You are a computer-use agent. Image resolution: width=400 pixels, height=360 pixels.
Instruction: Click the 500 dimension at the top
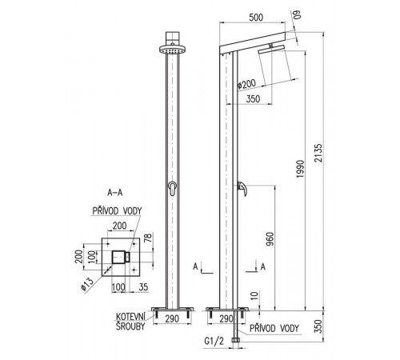tap(256, 18)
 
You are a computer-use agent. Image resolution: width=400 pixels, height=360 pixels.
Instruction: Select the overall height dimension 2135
tap(318, 153)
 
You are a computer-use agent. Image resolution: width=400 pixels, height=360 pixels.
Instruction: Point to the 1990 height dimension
tap(300, 169)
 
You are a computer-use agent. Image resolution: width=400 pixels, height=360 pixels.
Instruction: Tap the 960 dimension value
tap(270, 239)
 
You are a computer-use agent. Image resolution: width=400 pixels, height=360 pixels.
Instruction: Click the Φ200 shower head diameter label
tap(246, 84)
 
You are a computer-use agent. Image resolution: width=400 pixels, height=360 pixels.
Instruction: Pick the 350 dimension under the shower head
tap(253, 99)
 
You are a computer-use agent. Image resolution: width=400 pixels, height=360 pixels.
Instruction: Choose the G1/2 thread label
tap(214, 341)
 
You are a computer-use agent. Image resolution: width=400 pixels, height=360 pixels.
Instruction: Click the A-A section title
tap(115, 193)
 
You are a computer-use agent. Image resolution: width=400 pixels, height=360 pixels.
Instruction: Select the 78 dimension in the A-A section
tap(149, 238)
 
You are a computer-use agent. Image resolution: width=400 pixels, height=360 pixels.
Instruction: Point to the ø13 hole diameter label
tap(87, 283)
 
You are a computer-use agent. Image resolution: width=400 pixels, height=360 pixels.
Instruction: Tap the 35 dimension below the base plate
tap(143, 287)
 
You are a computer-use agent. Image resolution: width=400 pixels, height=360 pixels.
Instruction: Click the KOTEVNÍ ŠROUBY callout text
tap(130, 322)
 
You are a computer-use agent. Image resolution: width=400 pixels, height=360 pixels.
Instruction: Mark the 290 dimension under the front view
tap(172, 318)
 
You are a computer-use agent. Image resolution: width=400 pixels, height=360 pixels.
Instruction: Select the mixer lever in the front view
tap(173, 188)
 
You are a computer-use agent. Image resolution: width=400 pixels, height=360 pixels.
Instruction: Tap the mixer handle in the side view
tap(242, 189)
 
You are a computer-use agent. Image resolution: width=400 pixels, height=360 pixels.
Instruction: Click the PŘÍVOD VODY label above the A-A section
tap(117, 211)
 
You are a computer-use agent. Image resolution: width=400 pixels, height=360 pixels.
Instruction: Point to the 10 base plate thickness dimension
tap(255, 295)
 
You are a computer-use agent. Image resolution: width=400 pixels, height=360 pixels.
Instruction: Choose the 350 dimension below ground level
tap(318, 326)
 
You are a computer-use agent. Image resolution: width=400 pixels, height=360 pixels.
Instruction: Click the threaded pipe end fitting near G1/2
tap(236, 340)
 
